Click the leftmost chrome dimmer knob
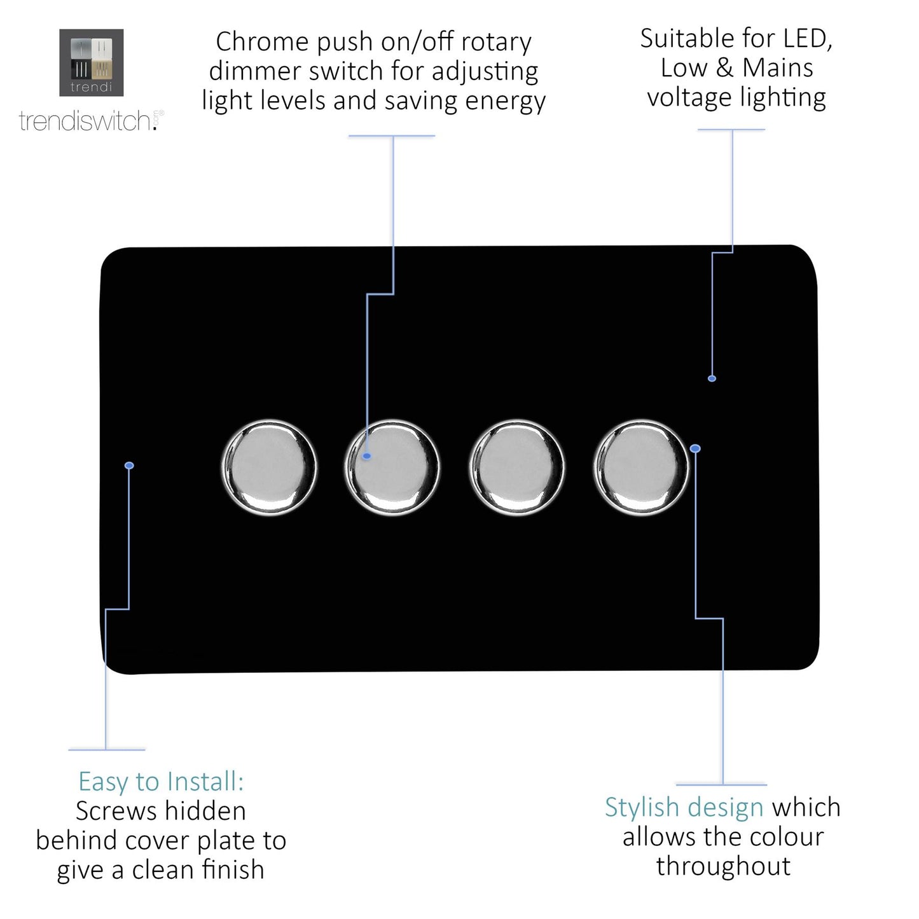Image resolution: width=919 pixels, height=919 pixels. click(x=269, y=467)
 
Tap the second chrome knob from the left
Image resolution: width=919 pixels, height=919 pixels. click(x=392, y=467)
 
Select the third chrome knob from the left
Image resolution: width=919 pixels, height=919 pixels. click(x=516, y=467)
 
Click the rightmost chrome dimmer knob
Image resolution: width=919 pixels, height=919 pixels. click(x=640, y=467)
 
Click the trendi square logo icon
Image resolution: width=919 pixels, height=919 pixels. click(x=92, y=62)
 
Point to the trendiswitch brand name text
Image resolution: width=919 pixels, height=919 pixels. click(x=86, y=121)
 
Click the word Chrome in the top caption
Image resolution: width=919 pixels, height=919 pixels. click(x=262, y=43)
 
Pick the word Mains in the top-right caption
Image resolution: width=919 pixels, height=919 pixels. click(x=778, y=68)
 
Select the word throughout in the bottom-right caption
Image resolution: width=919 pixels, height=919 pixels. click(x=724, y=866)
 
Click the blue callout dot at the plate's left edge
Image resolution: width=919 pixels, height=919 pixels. click(x=129, y=466)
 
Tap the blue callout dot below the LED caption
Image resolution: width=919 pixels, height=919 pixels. click(x=712, y=378)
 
